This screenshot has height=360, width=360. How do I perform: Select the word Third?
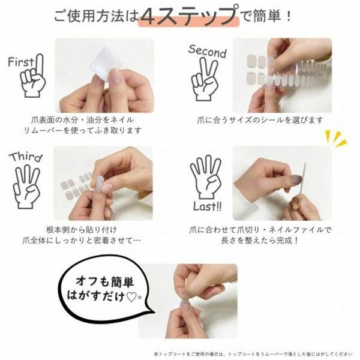tap(25, 158)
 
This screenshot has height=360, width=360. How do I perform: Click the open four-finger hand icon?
tap(205, 177)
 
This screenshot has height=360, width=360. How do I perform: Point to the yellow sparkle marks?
tap(335, 139)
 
